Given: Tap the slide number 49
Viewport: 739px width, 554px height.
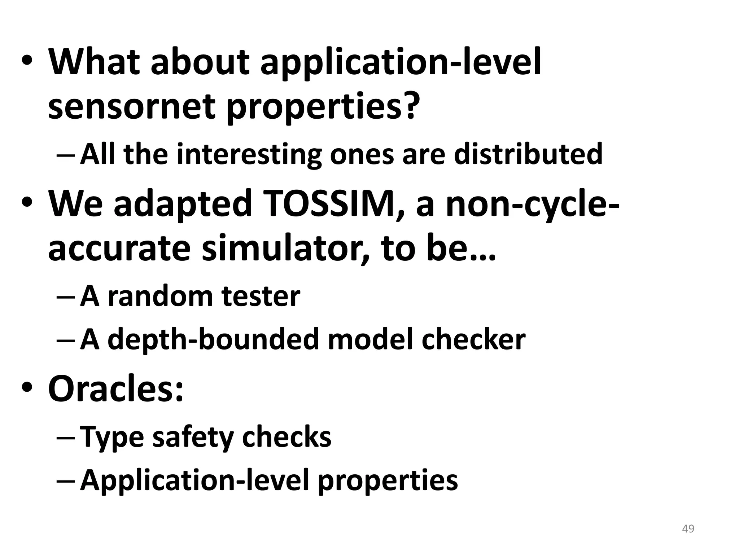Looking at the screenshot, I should point(688,529).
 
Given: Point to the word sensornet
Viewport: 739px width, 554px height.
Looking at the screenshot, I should point(131,107).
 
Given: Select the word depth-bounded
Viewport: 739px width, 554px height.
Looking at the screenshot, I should point(213,339).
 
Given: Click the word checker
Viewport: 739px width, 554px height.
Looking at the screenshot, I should point(473,339).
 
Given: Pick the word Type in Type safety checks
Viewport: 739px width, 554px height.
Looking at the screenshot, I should point(112,437).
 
